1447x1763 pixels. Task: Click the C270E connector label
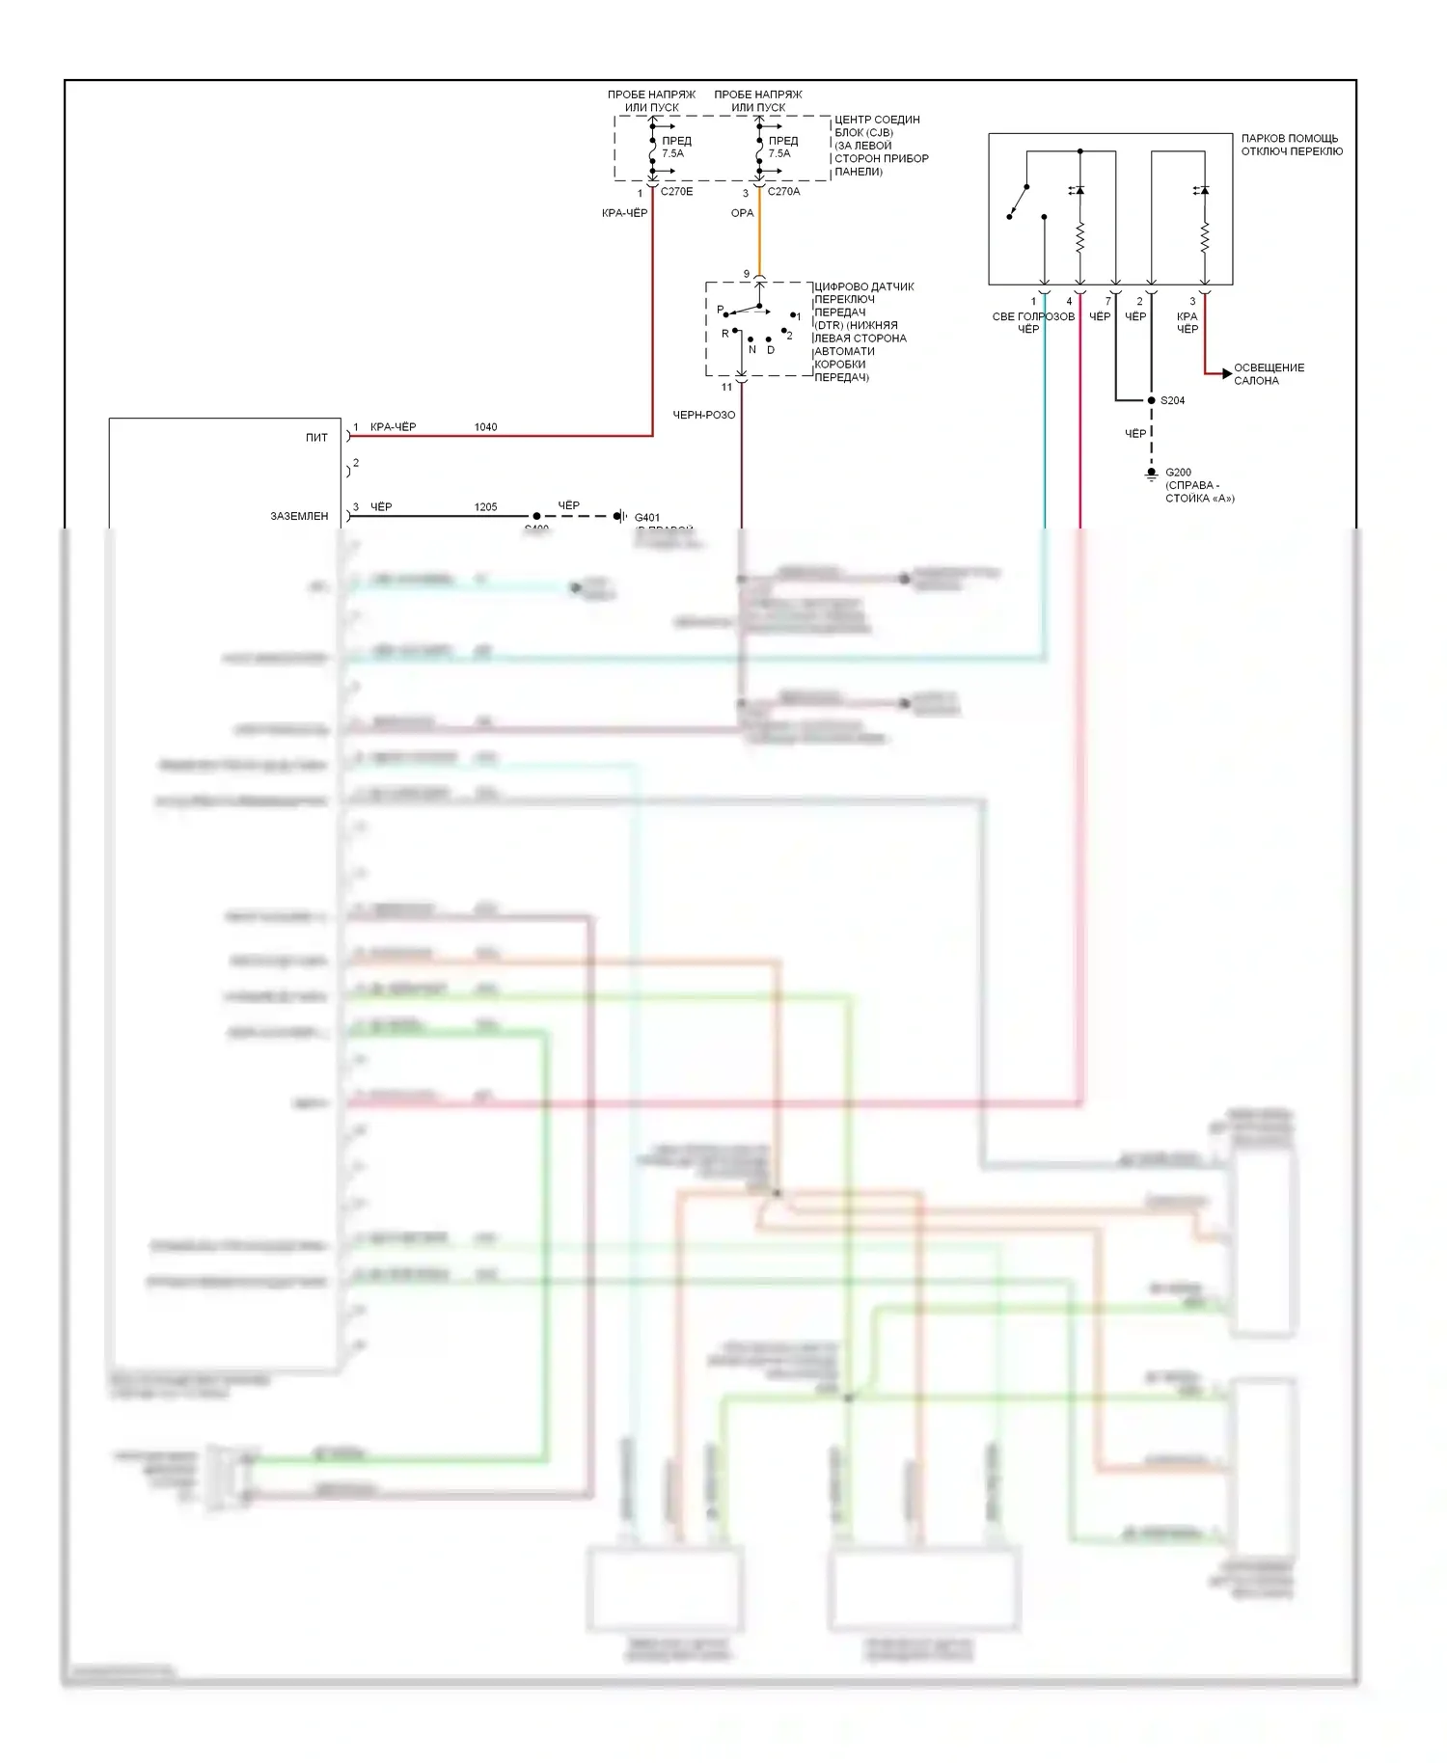tap(676, 192)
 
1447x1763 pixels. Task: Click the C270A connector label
tap(783, 192)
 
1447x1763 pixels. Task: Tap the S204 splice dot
tap(1151, 400)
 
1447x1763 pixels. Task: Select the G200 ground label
tap(1178, 473)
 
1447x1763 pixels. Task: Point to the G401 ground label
tap(647, 518)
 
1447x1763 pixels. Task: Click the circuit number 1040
tap(485, 427)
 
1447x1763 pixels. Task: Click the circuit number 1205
tap(485, 507)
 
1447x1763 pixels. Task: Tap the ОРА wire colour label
tap(742, 213)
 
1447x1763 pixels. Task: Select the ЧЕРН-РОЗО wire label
tap(703, 415)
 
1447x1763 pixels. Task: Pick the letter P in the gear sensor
tap(720, 310)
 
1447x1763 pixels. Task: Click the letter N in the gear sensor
tap(752, 350)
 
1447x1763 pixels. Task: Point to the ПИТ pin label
tap(316, 438)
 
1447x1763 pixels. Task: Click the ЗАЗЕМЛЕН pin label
tap(299, 517)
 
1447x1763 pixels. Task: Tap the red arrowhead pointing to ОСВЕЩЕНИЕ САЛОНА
tap(1226, 373)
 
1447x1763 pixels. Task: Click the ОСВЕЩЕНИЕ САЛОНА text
tap(1269, 374)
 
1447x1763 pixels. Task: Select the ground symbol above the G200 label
tap(1151, 475)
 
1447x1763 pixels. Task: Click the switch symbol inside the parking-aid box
tap(1019, 202)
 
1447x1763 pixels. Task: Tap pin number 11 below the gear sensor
tap(726, 388)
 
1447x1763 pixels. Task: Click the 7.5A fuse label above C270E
tap(672, 153)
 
